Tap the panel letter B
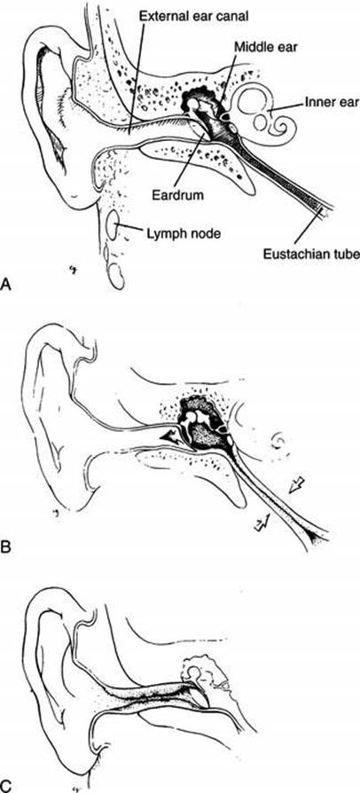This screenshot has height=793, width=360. (6, 547)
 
